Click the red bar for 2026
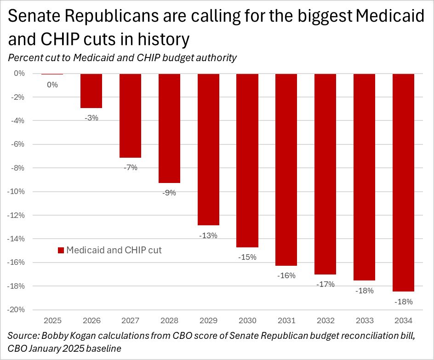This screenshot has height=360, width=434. [91, 91]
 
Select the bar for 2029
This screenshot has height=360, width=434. [208, 149]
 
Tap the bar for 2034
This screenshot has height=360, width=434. [403, 182]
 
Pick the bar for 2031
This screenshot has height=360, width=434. [286, 169]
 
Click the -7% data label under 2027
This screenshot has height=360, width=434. [131, 167]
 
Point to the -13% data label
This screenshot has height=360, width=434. [208, 235]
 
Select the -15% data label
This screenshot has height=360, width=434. [247, 257]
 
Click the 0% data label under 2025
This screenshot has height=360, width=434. [52, 85]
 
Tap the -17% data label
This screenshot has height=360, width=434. [325, 284]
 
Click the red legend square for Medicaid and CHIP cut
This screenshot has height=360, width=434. [60, 251]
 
